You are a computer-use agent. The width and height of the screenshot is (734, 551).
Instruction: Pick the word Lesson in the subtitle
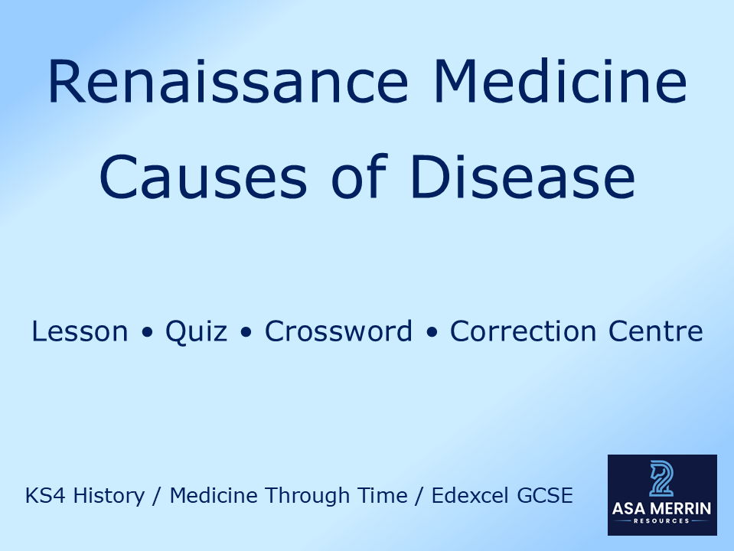(x=80, y=332)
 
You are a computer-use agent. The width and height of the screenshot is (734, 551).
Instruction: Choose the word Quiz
(x=196, y=332)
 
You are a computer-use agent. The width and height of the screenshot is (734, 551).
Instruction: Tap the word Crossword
(x=338, y=332)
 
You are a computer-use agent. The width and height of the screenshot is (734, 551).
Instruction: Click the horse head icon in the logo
(x=662, y=479)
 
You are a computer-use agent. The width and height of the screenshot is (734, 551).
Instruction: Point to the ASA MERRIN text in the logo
(x=662, y=507)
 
